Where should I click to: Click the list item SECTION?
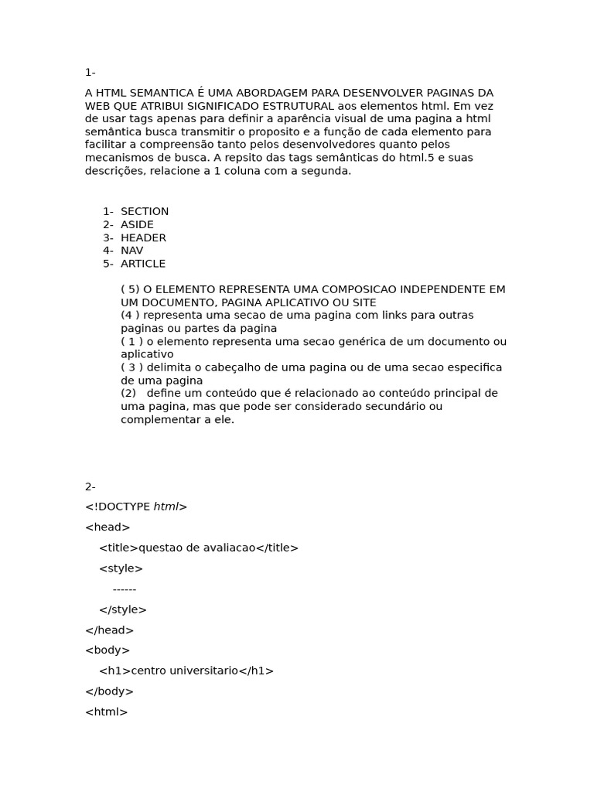[145, 212]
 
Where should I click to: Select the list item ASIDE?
[137, 225]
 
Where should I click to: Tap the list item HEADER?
[143, 238]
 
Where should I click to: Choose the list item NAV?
[131, 251]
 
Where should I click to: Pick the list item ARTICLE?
[143, 264]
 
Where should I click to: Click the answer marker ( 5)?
[131, 289]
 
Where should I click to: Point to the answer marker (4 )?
[131, 316]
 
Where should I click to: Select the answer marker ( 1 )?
[132, 341]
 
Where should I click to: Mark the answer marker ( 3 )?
[132, 367]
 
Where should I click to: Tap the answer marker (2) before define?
[128, 393]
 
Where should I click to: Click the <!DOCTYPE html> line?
[136, 507]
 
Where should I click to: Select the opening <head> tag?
[108, 527]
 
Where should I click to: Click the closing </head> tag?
[109, 630]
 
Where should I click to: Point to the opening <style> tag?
[121, 568]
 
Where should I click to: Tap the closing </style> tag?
[123, 609]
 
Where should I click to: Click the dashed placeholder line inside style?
[125, 589]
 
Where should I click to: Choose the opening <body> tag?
[108, 650]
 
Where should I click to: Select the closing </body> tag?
[109, 691]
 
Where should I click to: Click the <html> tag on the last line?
[107, 712]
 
